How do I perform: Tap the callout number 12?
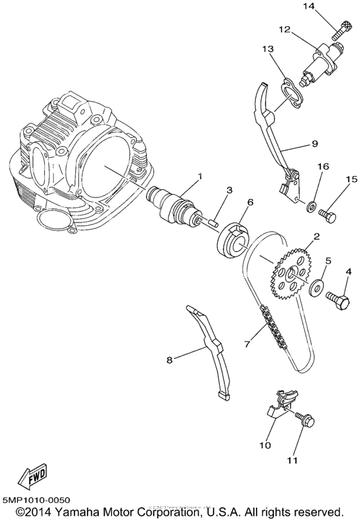[284, 30]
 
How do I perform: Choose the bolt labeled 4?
[336, 298]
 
